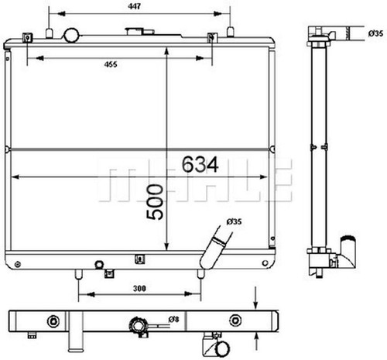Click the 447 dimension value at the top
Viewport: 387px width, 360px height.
point(134,6)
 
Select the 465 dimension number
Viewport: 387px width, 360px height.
point(111,64)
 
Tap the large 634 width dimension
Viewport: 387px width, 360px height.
point(200,164)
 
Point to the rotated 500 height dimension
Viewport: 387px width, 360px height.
point(155,202)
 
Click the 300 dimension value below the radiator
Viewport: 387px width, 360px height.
point(139,288)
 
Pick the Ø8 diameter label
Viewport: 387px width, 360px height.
point(173,319)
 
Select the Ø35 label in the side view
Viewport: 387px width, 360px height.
point(375,33)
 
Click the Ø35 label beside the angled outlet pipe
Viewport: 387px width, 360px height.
point(234,221)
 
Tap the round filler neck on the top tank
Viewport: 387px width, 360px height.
point(71,36)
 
